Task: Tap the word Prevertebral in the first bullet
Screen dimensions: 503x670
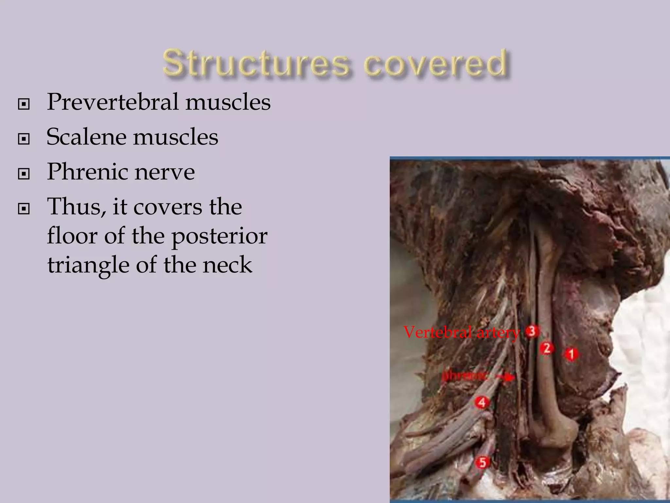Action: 113,102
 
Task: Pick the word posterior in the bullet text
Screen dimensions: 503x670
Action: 219,236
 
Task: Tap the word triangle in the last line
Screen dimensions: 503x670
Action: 88,265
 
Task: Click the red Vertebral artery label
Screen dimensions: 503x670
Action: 461,332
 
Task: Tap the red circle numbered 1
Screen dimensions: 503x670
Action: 571,354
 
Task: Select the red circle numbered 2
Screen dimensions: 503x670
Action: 547,348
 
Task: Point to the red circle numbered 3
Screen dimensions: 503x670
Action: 532,331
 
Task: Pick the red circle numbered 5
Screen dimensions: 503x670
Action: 483,462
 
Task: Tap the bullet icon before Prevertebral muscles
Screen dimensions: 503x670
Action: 24,104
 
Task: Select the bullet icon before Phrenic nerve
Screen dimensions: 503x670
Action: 24,174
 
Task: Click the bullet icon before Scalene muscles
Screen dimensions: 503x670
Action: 24,139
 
